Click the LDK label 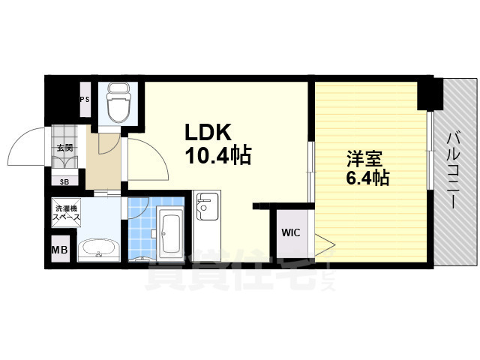(x=208, y=132)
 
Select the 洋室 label (x=364, y=158)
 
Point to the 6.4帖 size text (x=367, y=178)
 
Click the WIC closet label (x=290, y=232)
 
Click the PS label (x=85, y=99)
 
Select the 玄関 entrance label (x=64, y=148)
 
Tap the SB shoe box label (x=64, y=181)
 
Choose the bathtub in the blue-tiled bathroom (x=171, y=233)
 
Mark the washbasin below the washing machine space (x=97, y=249)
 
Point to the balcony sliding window (x=430, y=150)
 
